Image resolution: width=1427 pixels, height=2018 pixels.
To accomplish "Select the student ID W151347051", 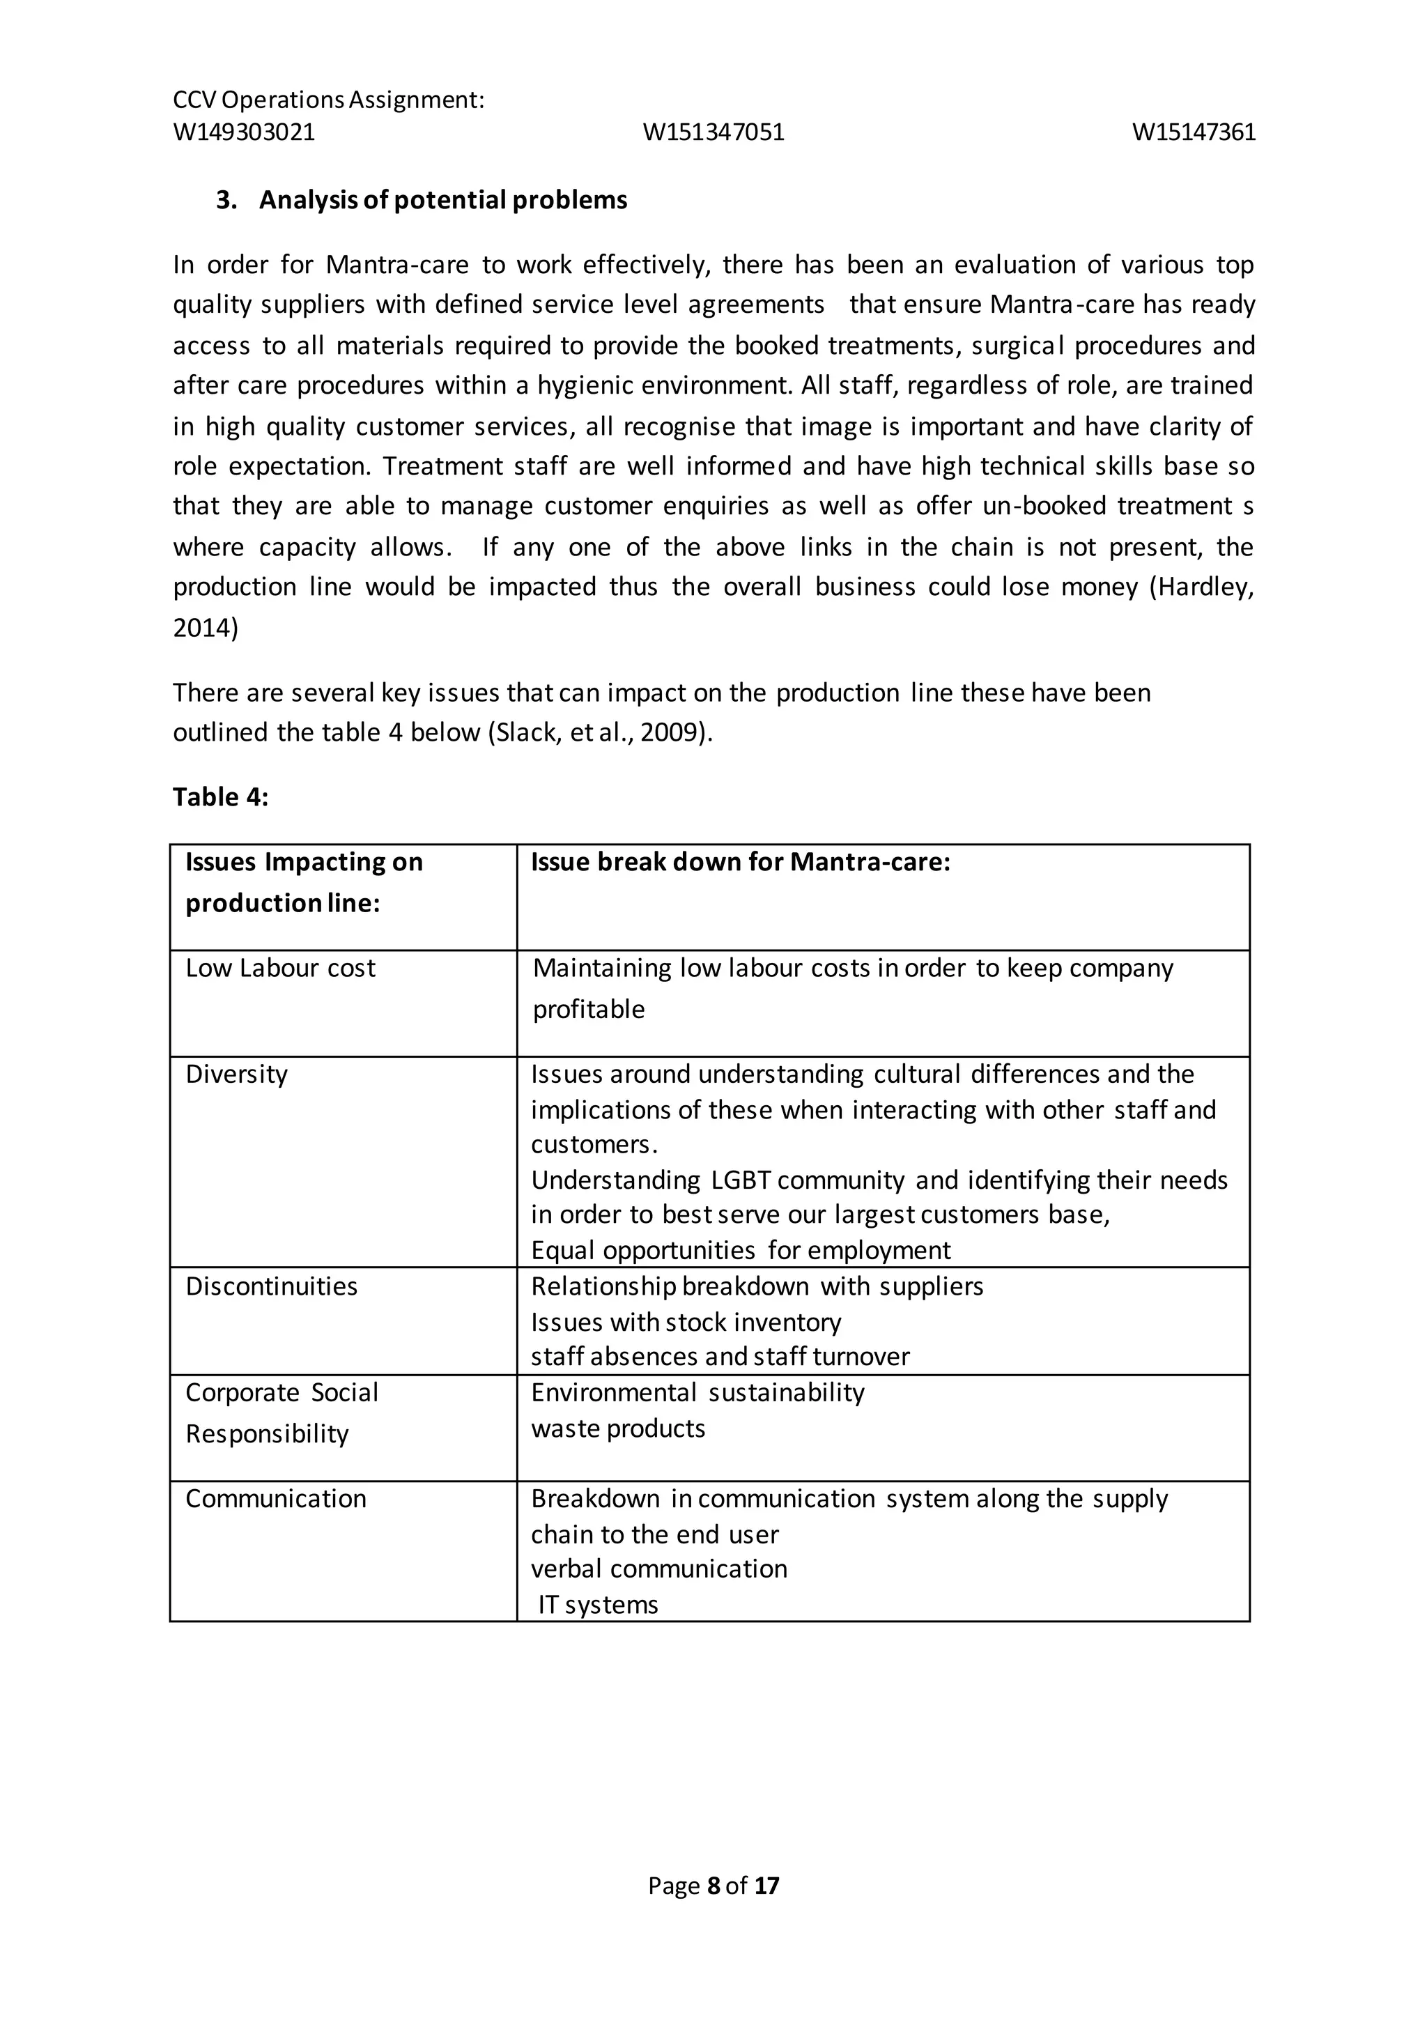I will (713, 132).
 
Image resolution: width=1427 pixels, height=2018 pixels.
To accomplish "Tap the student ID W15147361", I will (1194, 132).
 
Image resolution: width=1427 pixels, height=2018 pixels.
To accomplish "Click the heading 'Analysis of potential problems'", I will (442, 201).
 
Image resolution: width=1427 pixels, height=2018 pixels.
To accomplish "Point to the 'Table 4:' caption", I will (219, 796).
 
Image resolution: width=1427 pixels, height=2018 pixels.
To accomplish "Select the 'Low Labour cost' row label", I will (280, 968).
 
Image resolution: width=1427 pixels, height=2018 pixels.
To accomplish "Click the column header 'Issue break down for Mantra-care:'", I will (740, 862).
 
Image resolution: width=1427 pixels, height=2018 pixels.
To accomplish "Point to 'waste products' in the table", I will (618, 1428).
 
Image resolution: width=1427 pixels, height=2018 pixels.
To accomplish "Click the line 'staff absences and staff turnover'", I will (720, 1356).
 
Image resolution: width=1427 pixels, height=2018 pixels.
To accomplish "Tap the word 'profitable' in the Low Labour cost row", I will (589, 1009).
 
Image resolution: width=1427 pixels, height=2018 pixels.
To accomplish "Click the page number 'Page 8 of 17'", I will (713, 1886).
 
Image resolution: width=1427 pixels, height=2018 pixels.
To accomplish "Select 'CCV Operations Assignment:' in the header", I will (329, 100).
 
